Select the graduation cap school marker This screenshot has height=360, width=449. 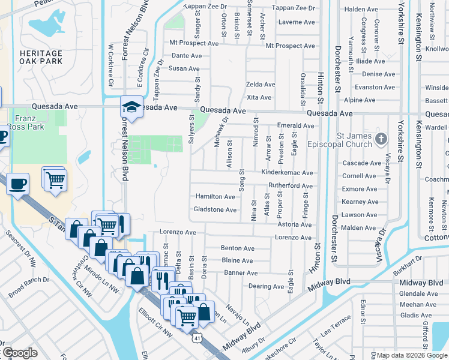pos(131,107)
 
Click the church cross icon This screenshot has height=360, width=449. pos(380,139)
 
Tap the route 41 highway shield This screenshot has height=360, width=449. pos(197,338)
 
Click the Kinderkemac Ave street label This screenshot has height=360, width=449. pos(287,172)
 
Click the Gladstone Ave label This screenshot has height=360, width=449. pos(215,209)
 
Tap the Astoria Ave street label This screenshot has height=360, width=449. pos(295,225)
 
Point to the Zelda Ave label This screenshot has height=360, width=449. pos(261,85)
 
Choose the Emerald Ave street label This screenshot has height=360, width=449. pos(295,125)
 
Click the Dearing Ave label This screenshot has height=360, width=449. pos(266,287)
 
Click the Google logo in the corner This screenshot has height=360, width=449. pos(19,353)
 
